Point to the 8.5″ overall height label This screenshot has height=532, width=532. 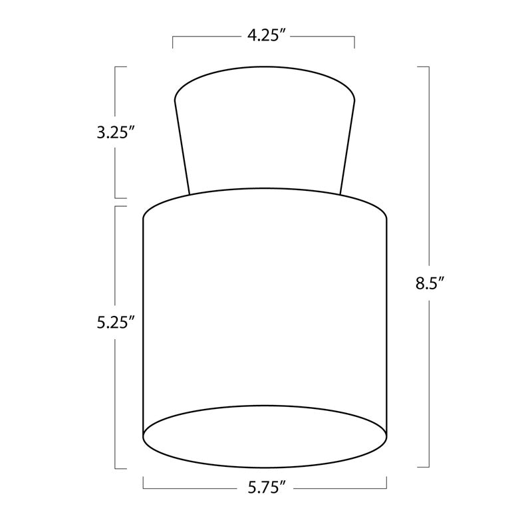pos(430,283)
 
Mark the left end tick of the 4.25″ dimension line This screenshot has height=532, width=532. pos(173,42)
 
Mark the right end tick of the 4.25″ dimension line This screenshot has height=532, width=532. pos(354,42)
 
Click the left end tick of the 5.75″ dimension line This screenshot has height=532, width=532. pos(143,483)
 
